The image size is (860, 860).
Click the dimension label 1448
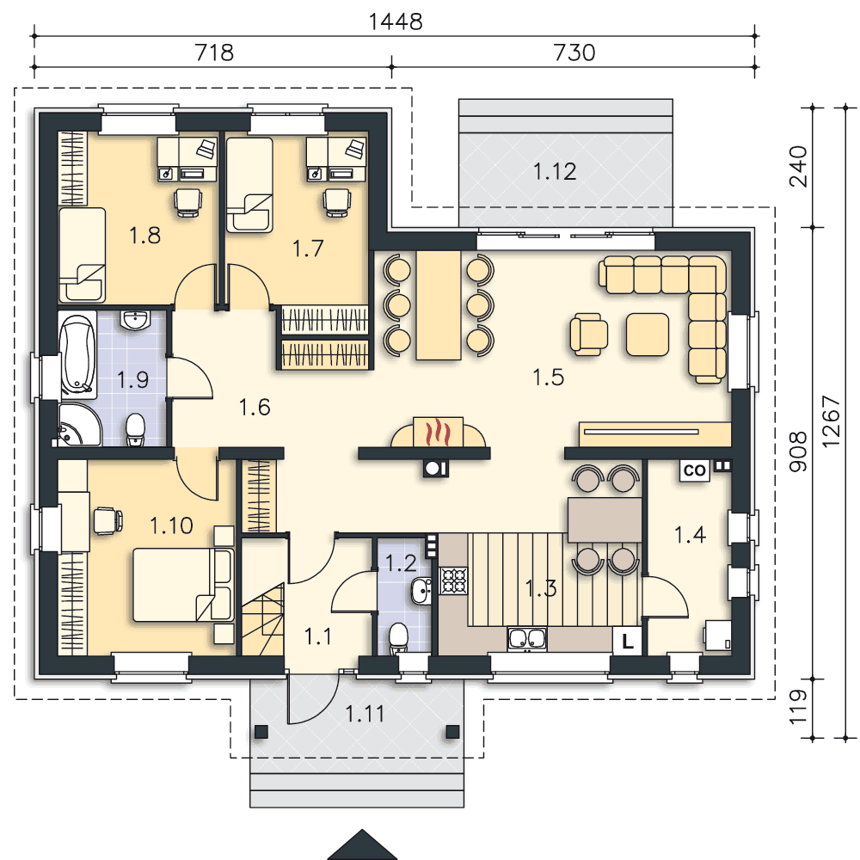[396, 22]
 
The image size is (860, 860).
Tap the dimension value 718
[214, 52]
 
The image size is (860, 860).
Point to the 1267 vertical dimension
[831, 421]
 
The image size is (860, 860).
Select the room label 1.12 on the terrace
[555, 172]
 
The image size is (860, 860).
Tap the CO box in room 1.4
[694, 470]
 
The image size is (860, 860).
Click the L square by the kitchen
[628, 641]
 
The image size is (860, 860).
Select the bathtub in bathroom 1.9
[77, 355]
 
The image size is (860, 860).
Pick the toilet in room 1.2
[397, 639]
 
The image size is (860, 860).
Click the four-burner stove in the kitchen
[453, 580]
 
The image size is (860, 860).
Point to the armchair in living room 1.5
[588, 335]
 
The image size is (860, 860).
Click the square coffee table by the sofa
[648, 335]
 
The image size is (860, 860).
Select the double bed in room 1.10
[183, 585]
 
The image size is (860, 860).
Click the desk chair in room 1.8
[188, 202]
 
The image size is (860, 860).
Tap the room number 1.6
[255, 408]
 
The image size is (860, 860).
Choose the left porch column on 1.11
[261, 732]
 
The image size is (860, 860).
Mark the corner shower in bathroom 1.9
[78, 425]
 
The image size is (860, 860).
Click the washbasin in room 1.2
[421, 591]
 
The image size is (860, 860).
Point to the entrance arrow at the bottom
[362, 845]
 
